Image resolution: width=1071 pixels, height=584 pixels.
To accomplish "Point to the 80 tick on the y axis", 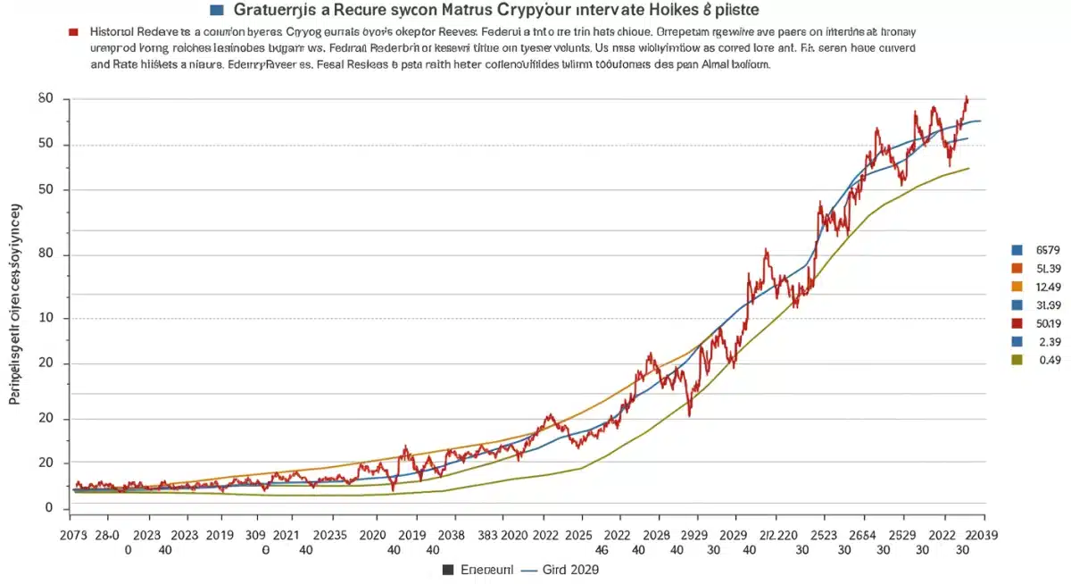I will click(46, 255).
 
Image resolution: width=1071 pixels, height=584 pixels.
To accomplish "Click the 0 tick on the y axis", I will click(50, 508).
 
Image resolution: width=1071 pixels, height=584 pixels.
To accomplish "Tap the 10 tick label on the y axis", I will click(46, 318).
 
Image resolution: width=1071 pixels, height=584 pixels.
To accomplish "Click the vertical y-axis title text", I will click(15, 304).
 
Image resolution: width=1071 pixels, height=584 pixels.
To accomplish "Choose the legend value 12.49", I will click(1049, 287).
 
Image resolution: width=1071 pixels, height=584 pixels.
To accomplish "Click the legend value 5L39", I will click(1049, 268).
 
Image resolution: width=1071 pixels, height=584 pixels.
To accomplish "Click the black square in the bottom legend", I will click(448, 569).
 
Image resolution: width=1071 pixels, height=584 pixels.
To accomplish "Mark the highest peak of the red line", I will click(966, 97).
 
